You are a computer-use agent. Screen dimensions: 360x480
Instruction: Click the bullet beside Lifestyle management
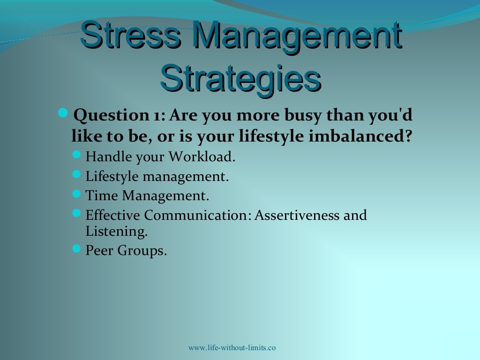click(77, 174)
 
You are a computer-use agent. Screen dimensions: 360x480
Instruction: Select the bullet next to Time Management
click(77, 193)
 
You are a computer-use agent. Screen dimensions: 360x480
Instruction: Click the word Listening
click(116, 231)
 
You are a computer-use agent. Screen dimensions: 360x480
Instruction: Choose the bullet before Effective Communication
click(77, 214)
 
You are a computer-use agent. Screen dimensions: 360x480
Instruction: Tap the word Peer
click(99, 251)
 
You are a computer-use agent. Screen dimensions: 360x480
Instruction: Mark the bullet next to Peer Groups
click(77, 248)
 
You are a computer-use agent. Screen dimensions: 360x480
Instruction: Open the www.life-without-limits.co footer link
click(232, 347)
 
